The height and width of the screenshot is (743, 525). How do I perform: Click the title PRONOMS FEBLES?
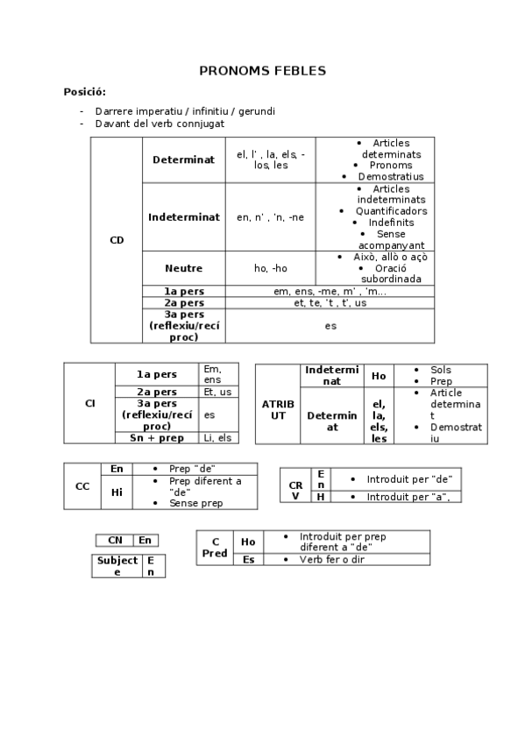(x=262, y=70)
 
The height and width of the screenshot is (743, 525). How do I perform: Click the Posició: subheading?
(x=85, y=92)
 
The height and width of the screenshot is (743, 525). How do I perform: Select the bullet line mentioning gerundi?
(x=185, y=111)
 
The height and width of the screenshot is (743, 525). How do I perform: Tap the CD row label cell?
(x=117, y=240)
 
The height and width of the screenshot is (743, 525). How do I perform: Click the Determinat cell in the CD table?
(x=183, y=160)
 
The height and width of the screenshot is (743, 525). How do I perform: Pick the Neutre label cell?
(x=183, y=268)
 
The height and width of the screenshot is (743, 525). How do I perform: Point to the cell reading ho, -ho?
(x=270, y=268)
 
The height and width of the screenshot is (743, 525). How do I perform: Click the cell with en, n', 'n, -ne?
(x=270, y=217)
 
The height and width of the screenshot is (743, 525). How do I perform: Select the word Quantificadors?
(x=391, y=211)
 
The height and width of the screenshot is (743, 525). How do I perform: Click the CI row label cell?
(x=89, y=403)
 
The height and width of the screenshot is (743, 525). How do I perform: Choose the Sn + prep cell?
(x=157, y=437)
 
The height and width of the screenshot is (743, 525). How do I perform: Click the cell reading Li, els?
(x=217, y=437)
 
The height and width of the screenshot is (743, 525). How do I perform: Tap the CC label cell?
(x=82, y=486)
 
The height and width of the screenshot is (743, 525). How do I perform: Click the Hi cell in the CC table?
(x=117, y=492)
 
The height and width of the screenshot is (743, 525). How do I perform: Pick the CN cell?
(x=114, y=541)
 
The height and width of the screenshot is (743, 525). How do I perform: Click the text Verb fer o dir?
(x=331, y=559)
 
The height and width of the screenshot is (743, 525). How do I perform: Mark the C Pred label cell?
(x=215, y=548)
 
